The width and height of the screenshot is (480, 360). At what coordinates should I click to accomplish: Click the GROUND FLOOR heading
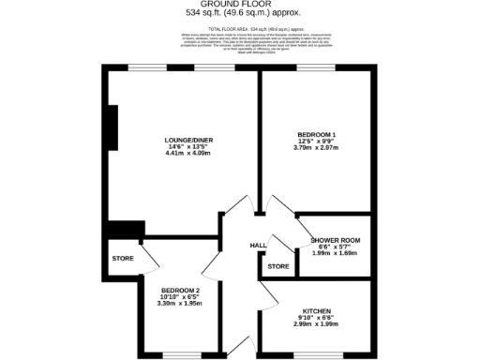pos(239,5)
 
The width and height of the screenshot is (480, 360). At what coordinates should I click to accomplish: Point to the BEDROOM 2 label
pos(179,291)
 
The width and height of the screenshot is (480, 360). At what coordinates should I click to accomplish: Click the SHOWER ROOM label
pos(335,240)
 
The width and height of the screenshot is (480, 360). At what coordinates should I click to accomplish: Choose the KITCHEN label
pos(316,310)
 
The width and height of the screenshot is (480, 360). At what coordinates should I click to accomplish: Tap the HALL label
pos(257,246)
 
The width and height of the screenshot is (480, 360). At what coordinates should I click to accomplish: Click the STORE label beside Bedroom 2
pos(123,258)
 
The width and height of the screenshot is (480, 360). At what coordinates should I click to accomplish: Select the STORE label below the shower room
pos(278,267)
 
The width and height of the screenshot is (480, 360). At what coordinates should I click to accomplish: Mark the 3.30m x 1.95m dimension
pos(179,305)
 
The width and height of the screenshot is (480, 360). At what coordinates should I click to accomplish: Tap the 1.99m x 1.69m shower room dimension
pos(335,253)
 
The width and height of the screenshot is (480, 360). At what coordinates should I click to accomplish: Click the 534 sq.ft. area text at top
pos(239,14)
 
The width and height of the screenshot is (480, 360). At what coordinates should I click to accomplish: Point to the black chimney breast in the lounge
pos(112,127)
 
